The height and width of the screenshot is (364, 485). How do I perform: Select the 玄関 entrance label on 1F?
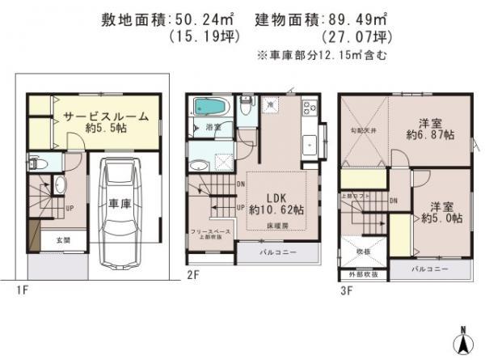[62, 241]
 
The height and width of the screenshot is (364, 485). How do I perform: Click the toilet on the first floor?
[37, 161]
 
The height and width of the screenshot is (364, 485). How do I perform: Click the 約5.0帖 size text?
[441, 218]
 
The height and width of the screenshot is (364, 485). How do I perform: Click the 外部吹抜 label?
[365, 274]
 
